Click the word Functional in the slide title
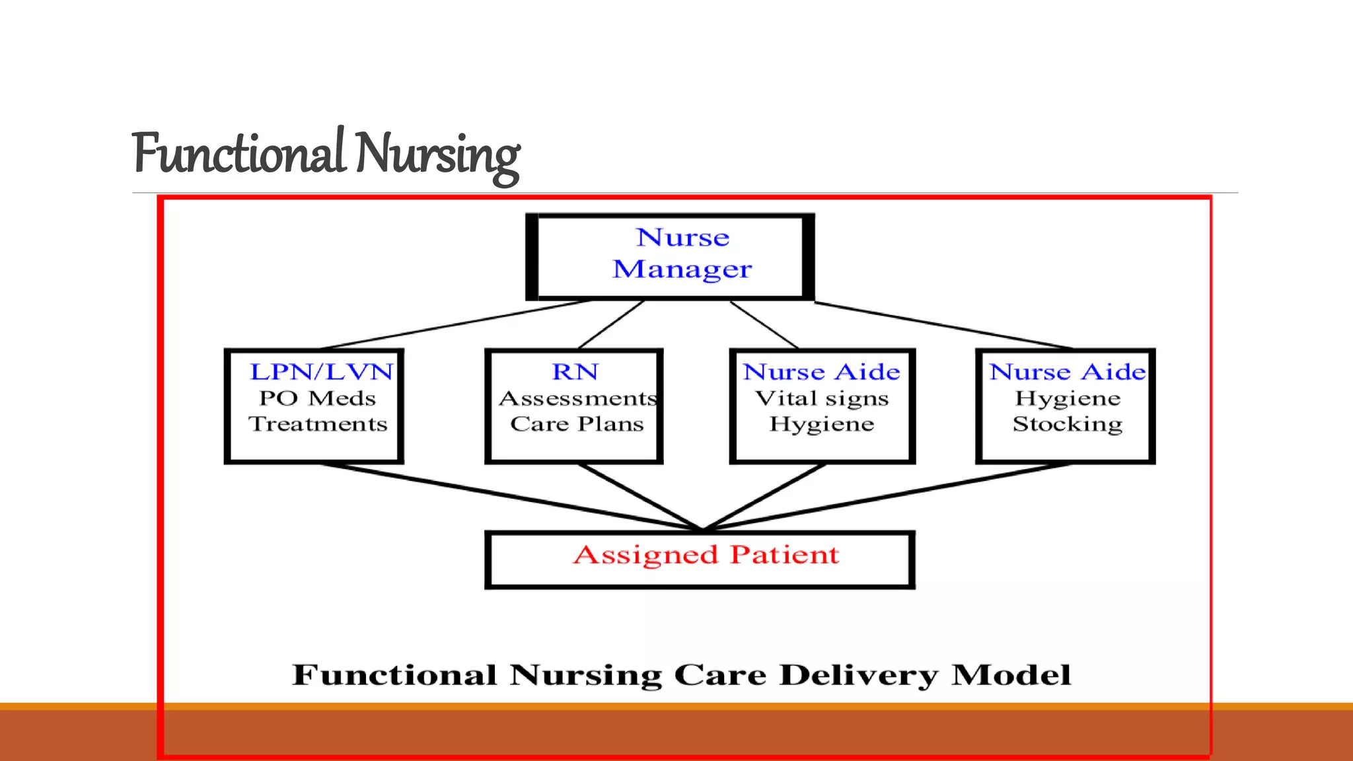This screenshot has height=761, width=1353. [x=238, y=153]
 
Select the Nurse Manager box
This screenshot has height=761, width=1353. [x=670, y=256]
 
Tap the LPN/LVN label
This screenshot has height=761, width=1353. [x=321, y=372]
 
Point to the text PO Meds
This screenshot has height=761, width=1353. [x=317, y=398]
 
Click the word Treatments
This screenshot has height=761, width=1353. [x=318, y=424]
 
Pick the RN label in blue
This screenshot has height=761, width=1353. [x=575, y=372]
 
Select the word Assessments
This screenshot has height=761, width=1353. [x=577, y=398]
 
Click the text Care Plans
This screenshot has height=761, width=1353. [x=577, y=424]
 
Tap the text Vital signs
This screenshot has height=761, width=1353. [x=822, y=398]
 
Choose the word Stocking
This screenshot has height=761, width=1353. [x=1067, y=424]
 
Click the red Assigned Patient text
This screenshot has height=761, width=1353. [x=706, y=555]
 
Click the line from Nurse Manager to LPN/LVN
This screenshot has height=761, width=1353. [x=456, y=324]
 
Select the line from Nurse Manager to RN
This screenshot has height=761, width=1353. [x=611, y=324]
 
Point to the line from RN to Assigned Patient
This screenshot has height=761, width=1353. [x=640, y=497]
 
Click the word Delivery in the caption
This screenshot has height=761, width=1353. [x=858, y=675]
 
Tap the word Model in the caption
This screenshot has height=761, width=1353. [x=1011, y=675]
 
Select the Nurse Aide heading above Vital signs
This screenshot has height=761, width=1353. [x=821, y=372]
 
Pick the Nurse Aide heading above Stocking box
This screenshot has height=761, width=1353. [x=1067, y=372]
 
